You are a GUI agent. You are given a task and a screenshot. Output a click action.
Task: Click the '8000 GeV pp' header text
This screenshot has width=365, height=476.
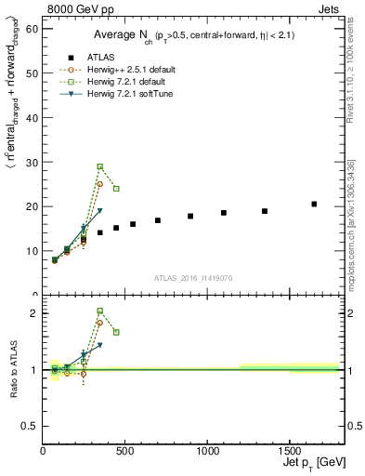[76, 8]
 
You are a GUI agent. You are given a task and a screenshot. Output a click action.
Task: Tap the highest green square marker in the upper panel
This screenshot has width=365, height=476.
[100, 166]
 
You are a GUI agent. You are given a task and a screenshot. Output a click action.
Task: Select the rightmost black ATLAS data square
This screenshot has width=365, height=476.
[314, 204]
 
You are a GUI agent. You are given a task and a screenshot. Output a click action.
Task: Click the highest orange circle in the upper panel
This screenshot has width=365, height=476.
[100, 184]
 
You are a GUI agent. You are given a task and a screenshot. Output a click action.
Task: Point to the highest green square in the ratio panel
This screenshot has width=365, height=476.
[100, 311]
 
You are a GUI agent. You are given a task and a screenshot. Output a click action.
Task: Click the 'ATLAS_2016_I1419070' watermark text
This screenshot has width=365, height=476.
[192, 277]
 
